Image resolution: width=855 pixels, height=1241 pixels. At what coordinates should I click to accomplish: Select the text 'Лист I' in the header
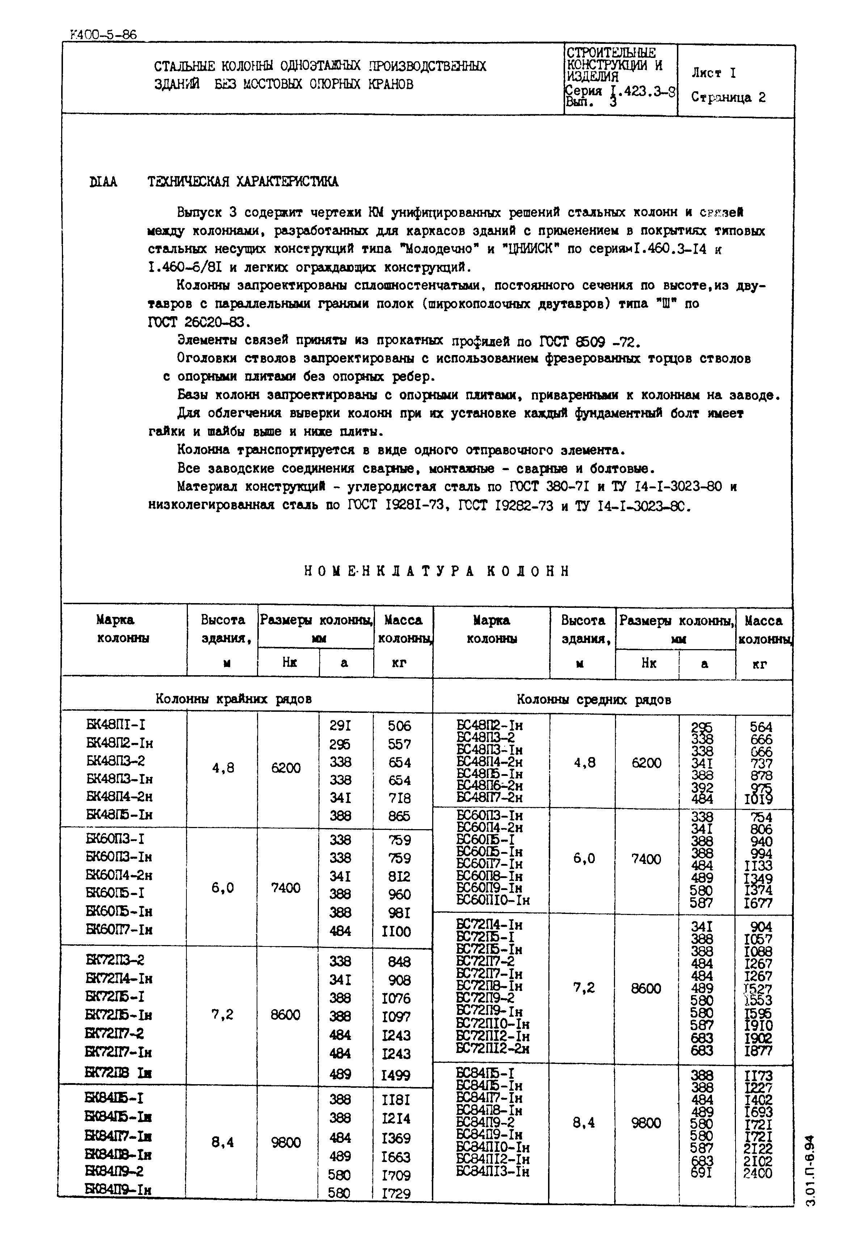click(x=713, y=73)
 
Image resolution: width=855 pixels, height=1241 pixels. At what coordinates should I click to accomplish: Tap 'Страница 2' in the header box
click(x=728, y=97)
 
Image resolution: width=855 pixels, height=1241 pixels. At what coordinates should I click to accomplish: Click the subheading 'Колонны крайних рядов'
click(x=233, y=699)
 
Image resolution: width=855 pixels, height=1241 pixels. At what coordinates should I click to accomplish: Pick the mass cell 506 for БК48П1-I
click(x=399, y=726)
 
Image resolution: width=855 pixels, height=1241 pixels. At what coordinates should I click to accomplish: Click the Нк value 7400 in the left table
click(x=286, y=888)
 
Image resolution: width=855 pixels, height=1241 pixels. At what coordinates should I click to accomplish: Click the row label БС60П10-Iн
click(x=493, y=901)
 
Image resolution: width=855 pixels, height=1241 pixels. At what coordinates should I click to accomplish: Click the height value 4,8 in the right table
click(x=584, y=762)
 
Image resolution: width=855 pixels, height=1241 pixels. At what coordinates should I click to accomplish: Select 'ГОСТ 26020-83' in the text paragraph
click(x=198, y=322)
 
